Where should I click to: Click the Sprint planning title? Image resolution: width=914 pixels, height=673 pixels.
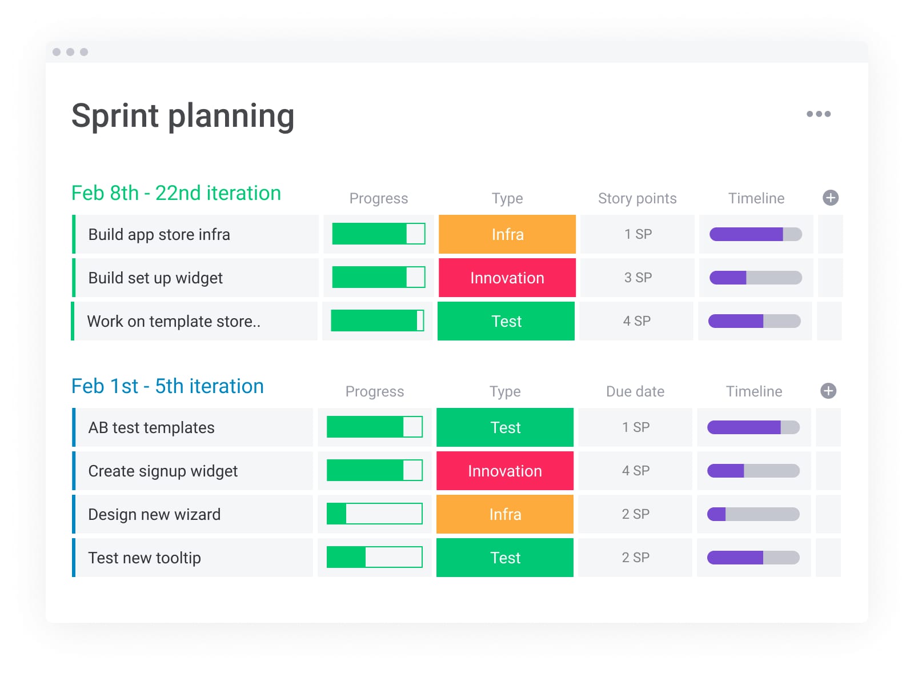[x=183, y=116]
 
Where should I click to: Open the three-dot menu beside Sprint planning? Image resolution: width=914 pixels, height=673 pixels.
[x=818, y=114]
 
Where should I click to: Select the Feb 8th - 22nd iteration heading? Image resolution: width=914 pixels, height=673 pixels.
[x=176, y=193]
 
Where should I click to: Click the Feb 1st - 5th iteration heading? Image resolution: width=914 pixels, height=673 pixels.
[x=167, y=386]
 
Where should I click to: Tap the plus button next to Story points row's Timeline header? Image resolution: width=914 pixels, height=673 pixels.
[x=830, y=198]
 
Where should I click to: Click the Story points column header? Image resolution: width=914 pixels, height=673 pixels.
[x=637, y=198]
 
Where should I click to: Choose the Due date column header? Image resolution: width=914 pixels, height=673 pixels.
[x=635, y=391]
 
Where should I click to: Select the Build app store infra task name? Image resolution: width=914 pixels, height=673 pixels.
[x=159, y=234]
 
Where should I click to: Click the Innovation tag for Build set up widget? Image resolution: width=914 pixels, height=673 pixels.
[x=507, y=278]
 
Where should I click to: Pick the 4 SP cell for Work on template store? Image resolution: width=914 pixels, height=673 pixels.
[x=636, y=321]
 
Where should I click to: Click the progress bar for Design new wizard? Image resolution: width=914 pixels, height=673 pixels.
[x=374, y=514]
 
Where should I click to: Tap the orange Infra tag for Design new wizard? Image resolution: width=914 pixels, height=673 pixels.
[x=504, y=514]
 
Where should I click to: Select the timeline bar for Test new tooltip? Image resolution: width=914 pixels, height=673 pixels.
[x=753, y=558]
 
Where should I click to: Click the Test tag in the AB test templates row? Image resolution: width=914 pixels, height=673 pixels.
[x=504, y=427]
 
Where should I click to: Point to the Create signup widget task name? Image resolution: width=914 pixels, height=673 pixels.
[x=163, y=471]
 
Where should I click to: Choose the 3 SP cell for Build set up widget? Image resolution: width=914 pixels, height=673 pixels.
[x=638, y=278]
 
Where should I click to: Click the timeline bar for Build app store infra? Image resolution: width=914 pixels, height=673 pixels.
[x=755, y=234]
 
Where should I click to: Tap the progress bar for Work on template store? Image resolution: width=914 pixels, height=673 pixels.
[x=377, y=321]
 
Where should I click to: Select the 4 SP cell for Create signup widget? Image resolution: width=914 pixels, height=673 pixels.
[x=635, y=471]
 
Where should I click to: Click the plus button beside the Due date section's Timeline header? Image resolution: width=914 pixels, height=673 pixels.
[x=828, y=391]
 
